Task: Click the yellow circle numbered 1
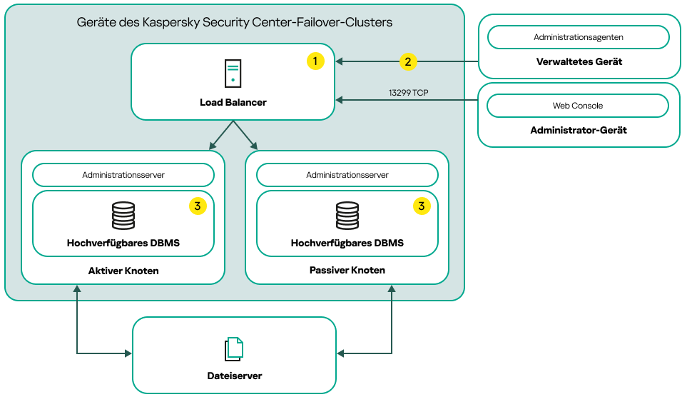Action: pyautogui.click(x=315, y=61)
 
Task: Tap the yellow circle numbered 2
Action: pyautogui.click(x=407, y=61)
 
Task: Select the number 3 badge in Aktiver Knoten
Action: pyautogui.click(x=198, y=206)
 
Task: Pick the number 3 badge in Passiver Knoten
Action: pyautogui.click(x=422, y=206)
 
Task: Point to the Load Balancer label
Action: pyautogui.click(x=233, y=102)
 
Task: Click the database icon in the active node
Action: pyautogui.click(x=123, y=216)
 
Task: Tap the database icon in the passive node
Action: pyautogui.click(x=347, y=216)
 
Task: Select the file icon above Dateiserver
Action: pyautogui.click(x=234, y=348)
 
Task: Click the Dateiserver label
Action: pyautogui.click(x=234, y=376)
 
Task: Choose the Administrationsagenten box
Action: pyautogui.click(x=578, y=36)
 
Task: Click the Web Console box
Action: pyautogui.click(x=578, y=106)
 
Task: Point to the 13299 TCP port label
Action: pyautogui.click(x=408, y=93)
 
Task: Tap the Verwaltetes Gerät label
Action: pyautogui.click(x=579, y=61)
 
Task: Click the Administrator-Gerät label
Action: pyautogui.click(x=579, y=131)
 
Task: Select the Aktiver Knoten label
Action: pyautogui.click(x=123, y=271)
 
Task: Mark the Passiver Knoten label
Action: pyautogui.click(x=347, y=271)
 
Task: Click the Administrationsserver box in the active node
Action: pyautogui.click(x=123, y=175)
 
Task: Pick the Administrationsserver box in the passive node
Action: pyautogui.click(x=347, y=175)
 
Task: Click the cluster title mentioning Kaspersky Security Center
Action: pyautogui.click(x=235, y=22)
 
